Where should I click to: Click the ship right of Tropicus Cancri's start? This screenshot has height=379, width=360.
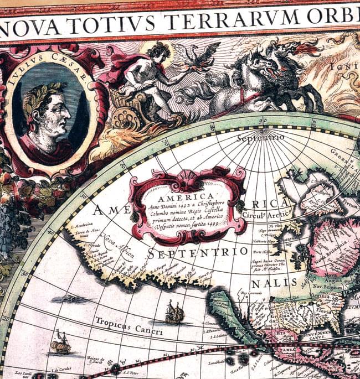click(x=174, y=314)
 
